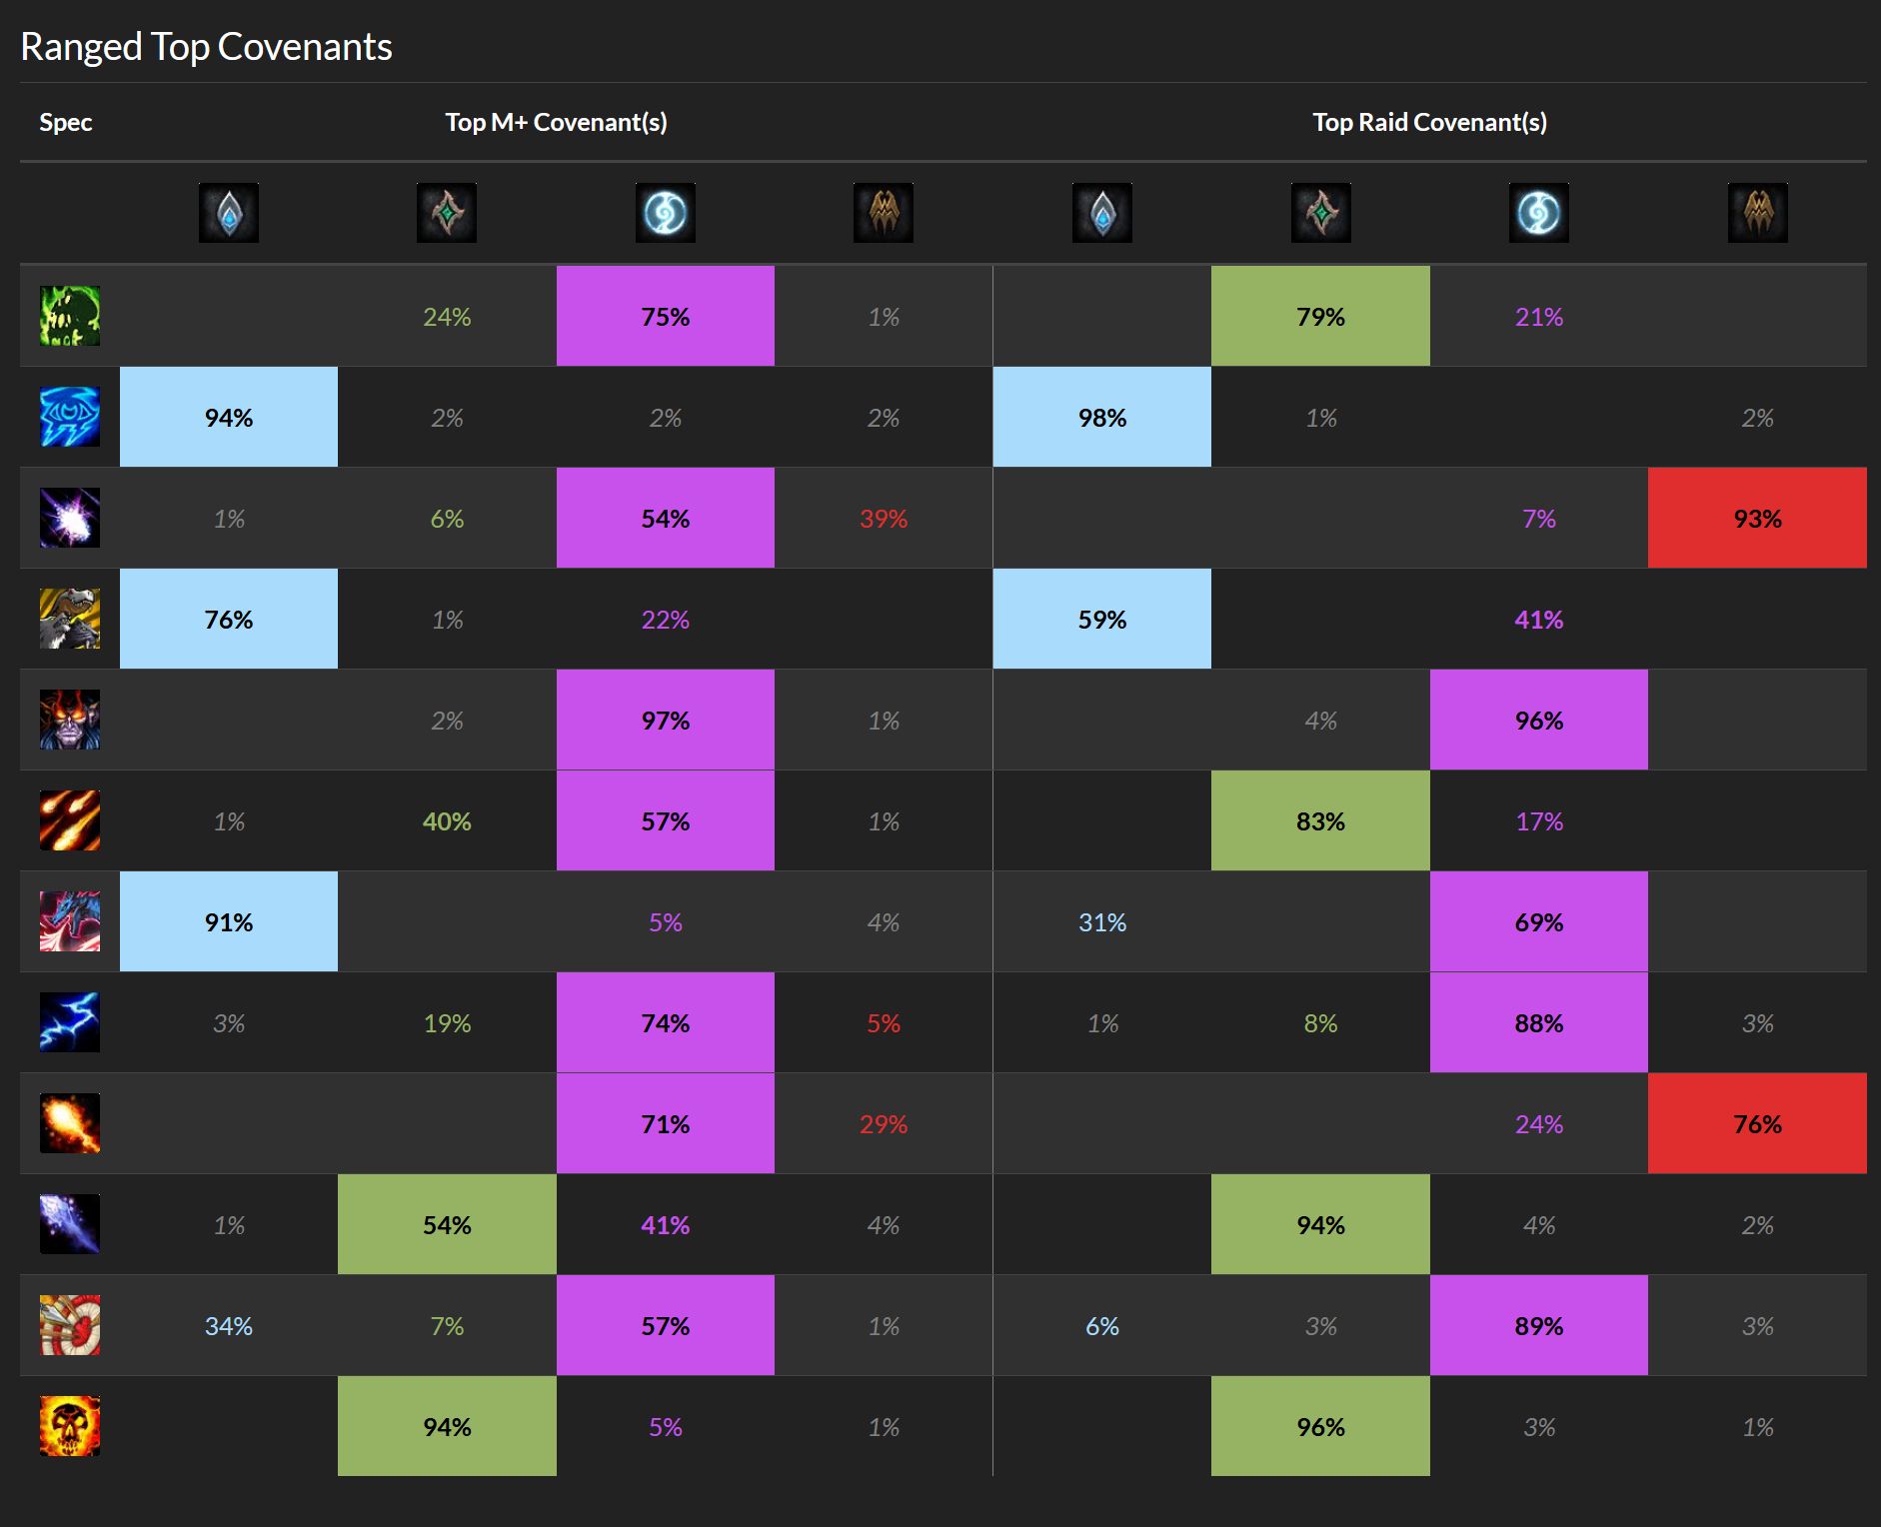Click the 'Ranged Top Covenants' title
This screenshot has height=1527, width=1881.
[x=206, y=47]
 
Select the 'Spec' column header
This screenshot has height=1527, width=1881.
[x=65, y=122]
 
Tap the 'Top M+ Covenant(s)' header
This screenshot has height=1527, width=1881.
[x=556, y=122]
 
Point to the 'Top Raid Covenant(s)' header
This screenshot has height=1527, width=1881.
[x=1429, y=122]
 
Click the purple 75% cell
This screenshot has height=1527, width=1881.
[x=666, y=317]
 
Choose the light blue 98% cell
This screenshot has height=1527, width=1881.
[x=1102, y=418]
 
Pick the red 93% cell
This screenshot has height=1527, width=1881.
[x=1757, y=519]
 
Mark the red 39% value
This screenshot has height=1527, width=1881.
[x=884, y=519]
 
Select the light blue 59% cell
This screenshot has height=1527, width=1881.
[x=1102, y=620]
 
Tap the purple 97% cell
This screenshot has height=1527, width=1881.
[x=666, y=721]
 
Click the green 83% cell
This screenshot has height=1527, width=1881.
[x=1320, y=821]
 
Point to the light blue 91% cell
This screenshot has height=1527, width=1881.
[x=229, y=922]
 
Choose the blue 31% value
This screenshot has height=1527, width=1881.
[x=1102, y=922]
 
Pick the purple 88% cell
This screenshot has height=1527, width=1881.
[x=1539, y=1023]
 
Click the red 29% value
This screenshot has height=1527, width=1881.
[x=884, y=1124]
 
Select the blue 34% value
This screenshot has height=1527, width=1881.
[x=229, y=1326]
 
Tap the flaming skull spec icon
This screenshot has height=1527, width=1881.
[x=70, y=1426]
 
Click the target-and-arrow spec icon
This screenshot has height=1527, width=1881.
[x=70, y=1325]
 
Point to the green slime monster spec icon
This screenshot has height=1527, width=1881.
[x=70, y=316]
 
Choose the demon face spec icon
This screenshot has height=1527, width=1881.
[x=70, y=720]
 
